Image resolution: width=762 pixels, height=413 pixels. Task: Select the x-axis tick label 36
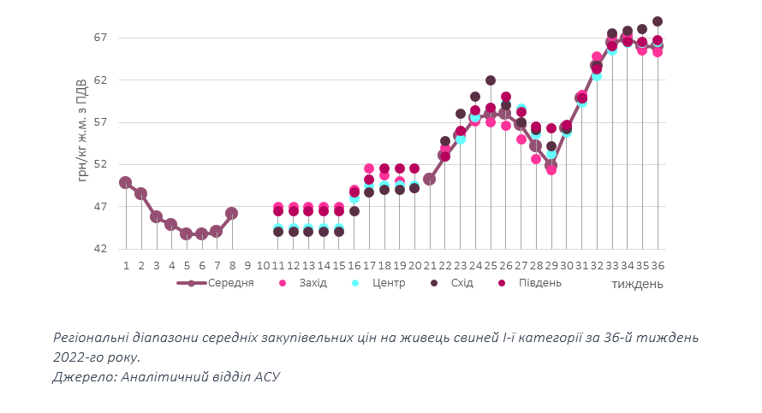(658, 266)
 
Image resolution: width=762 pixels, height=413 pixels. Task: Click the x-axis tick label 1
(126, 266)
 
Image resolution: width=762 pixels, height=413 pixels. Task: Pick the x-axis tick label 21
(430, 266)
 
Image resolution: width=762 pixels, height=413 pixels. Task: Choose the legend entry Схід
(461, 283)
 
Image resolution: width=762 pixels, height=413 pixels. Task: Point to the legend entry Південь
(538, 283)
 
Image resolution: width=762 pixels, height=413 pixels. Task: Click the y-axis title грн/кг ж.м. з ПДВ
(83, 129)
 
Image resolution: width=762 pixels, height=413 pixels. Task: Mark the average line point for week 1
(126, 182)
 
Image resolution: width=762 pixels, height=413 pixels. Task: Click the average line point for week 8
(231, 213)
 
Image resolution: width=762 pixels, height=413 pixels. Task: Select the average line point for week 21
(430, 179)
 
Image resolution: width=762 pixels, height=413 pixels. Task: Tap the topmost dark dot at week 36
(658, 21)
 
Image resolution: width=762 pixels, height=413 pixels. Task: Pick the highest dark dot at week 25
(491, 80)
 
